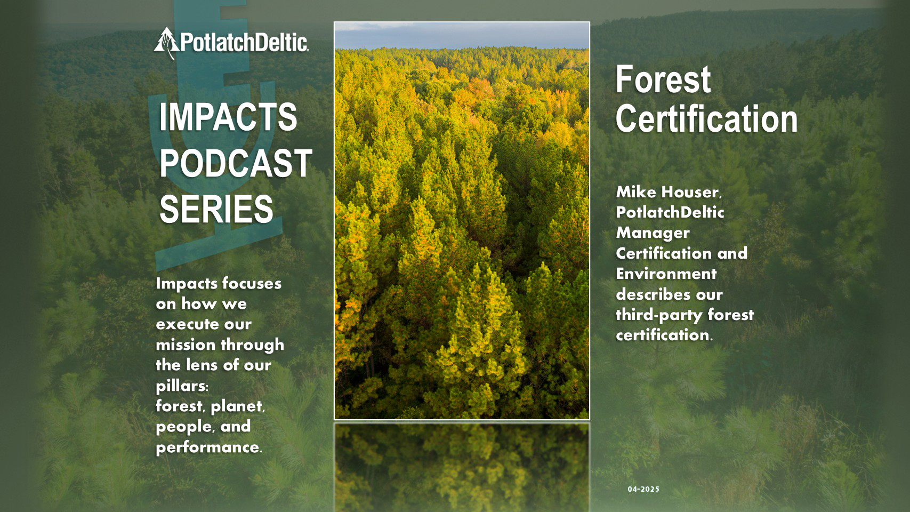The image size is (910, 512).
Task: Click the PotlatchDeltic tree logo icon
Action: coord(166,42)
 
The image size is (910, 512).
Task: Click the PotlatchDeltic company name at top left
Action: coord(244,42)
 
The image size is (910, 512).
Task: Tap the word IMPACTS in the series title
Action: coord(228,117)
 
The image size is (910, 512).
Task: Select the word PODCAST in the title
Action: coord(236,163)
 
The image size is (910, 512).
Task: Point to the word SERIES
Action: coord(216,209)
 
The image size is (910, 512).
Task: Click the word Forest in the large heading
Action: coord(663,79)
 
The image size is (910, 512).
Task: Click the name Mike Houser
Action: coord(669,192)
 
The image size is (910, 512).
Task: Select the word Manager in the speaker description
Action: coord(653,233)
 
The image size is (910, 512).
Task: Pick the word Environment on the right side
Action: coord(666,274)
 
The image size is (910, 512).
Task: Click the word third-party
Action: coord(658,315)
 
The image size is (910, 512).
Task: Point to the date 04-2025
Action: coord(643,489)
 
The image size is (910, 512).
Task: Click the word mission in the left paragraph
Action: coord(186,345)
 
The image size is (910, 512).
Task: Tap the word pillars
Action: coord(181,386)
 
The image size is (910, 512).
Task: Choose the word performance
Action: coord(207,447)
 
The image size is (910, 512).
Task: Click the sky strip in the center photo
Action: coord(462,35)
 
